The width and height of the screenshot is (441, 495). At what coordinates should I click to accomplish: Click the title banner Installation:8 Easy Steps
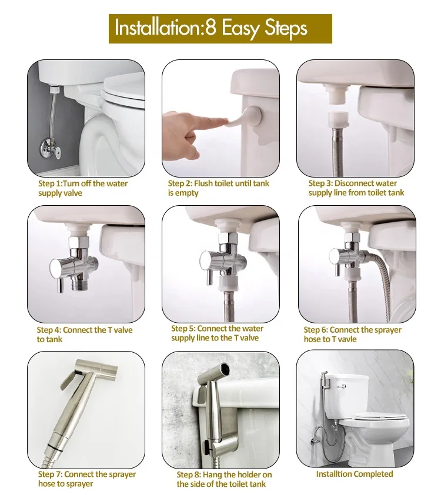[220, 28]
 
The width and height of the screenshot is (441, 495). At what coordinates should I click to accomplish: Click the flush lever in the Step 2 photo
[245, 118]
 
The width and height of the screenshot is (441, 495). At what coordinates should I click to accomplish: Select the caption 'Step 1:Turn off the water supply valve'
[83, 188]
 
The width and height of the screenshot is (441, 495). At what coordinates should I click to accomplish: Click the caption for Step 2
[219, 188]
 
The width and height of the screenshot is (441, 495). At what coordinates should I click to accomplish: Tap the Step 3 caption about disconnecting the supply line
[356, 188]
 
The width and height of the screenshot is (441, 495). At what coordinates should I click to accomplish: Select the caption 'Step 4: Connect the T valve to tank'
[84, 335]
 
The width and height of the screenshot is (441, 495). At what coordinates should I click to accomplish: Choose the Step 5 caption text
[217, 333]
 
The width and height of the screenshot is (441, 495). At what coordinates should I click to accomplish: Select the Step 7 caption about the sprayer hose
[87, 479]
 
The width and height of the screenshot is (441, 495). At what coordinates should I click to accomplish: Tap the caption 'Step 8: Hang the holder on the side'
[224, 479]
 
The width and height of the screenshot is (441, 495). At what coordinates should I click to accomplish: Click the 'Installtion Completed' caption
[355, 474]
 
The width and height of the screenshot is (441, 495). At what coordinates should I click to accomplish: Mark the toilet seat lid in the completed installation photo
[380, 416]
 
